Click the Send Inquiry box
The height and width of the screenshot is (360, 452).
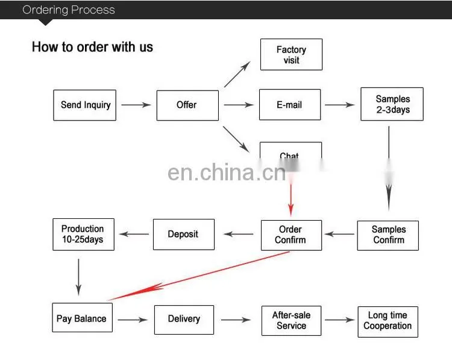coord(85,105)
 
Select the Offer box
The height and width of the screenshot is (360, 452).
coord(187,106)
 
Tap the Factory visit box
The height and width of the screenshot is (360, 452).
coord(292,54)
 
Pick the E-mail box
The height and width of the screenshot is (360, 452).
coord(290,104)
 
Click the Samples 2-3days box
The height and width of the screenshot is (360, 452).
coord(392,104)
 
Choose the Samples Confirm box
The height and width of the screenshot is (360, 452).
coord(388,235)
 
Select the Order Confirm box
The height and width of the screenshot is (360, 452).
coord(292,235)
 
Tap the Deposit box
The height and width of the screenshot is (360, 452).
coord(184,234)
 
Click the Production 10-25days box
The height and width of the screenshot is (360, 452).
coord(84,234)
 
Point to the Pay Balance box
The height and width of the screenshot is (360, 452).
coord(83,317)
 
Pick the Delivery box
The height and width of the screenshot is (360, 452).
coord(184,320)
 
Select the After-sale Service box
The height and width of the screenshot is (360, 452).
coord(292,321)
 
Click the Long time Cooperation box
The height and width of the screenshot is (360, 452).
coord(388,321)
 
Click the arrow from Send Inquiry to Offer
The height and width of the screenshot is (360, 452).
coord(136,105)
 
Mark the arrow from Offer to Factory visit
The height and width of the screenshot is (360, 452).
coord(237,74)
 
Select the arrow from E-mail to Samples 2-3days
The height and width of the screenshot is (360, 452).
coord(340,105)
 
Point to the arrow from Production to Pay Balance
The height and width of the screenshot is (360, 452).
coord(78,277)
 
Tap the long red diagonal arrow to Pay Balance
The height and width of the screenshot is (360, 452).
coord(199,276)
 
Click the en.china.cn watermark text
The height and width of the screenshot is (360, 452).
coord(227,172)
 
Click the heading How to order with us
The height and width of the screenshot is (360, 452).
coord(92,46)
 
